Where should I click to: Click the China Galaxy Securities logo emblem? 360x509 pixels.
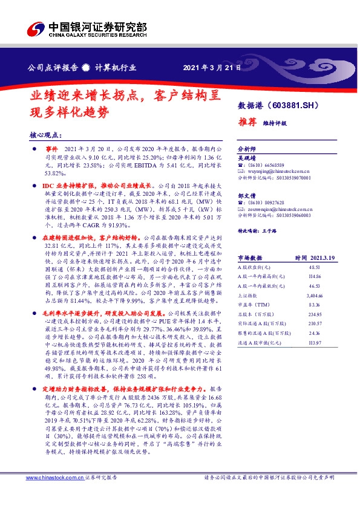tap(35, 28)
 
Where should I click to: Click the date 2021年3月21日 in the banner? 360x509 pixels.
tap(211, 67)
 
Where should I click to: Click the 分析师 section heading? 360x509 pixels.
tap(246, 148)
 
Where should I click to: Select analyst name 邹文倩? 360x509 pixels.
tap(246, 195)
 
